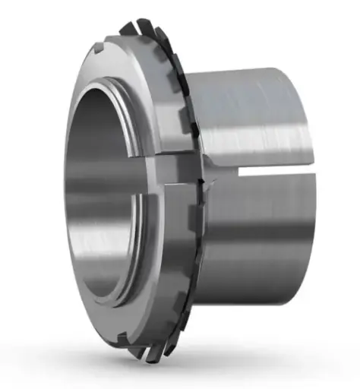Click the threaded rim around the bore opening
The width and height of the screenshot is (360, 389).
click(140, 228)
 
